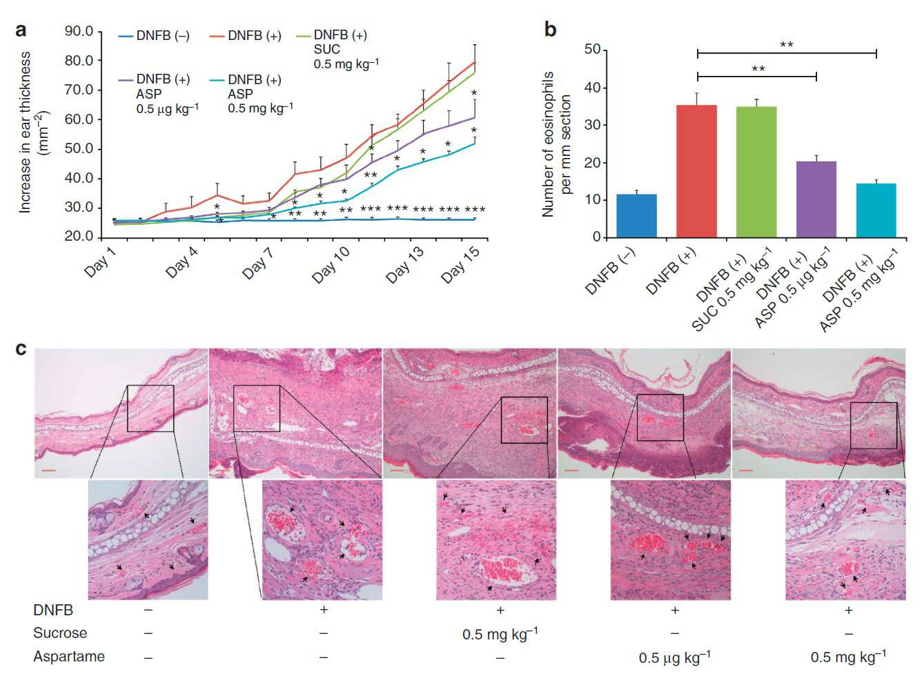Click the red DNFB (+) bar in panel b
(x=696, y=171)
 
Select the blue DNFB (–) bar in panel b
(x=637, y=216)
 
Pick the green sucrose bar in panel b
(x=756, y=172)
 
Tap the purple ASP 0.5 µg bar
(x=816, y=199)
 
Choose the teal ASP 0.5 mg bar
(x=876, y=210)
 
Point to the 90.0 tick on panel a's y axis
(x=79, y=31)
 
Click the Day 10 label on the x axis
(x=331, y=265)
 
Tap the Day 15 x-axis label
(x=460, y=265)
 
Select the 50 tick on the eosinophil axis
(x=592, y=50)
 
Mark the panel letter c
(x=21, y=349)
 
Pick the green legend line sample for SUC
(x=304, y=36)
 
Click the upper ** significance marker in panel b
(x=787, y=44)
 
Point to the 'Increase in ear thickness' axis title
(x=26, y=132)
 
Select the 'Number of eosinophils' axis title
(x=548, y=144)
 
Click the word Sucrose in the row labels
(x=60, y=633)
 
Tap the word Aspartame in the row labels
(x=69, y=656)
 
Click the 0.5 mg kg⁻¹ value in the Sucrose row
(x=500, y=634)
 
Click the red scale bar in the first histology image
(x=48, y=470)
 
